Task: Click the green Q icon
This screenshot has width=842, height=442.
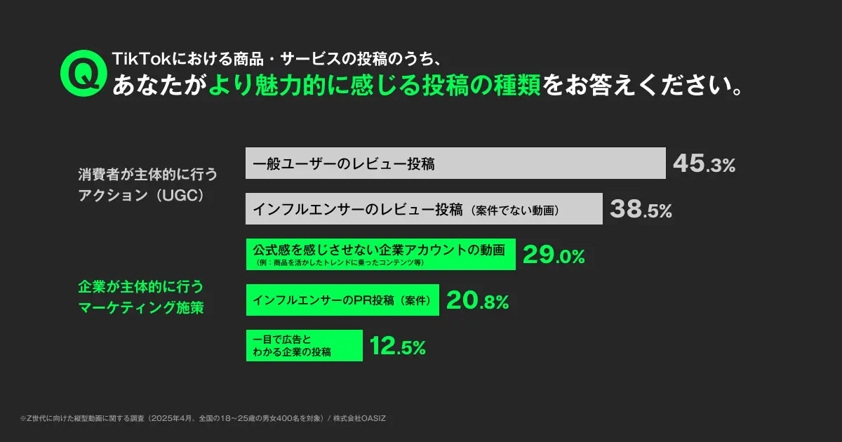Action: pyautogui.click(x=81, y=72)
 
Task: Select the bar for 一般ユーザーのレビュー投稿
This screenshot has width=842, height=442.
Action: pyautogui.click(x=455, y=163)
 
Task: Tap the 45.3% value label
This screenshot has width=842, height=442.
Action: pyautogui.click(x=704, y=164)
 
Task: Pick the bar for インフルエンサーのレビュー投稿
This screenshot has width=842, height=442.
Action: pyautogui.click(x=424, y=209)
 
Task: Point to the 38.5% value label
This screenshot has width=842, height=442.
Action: pyautogui.click(x=641, y=209)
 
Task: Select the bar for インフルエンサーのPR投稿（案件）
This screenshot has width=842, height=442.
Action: pyautogui.click(x=342, y=300)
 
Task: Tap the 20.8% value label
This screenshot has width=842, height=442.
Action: pyautogui.click(x=477, y=301)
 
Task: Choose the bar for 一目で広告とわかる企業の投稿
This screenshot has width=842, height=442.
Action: pyautogui.click(x=304, y=345)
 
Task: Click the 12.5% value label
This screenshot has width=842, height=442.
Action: pyautogui.click(x=397, y=346)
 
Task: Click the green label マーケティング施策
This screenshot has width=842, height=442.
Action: pyautogui.click(x=140, y=307)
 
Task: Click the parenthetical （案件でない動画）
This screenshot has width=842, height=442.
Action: pyautogui.click(x=515, y=210)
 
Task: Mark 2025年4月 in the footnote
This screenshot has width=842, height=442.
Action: pyautogui.click(x=167, y=418)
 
